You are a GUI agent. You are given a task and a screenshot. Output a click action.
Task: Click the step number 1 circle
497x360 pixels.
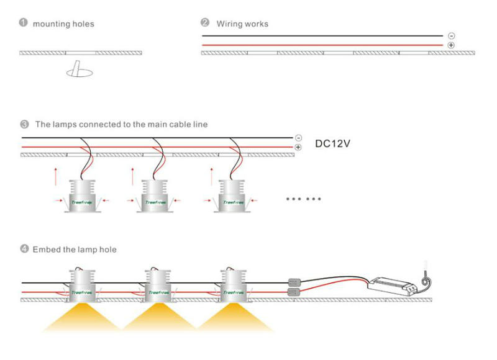[23, 23]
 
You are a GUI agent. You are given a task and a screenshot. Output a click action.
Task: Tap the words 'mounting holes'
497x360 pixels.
[63, 24]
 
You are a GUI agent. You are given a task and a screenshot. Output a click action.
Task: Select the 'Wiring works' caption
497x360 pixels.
[242, 24]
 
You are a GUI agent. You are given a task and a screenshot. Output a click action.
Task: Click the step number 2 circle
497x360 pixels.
[205, 23]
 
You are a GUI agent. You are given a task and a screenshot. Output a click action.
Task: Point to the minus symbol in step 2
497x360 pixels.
[451, 36]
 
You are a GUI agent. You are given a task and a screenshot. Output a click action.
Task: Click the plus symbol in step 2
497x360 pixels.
[451, 45]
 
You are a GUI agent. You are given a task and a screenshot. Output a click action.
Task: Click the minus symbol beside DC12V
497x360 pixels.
[298, 138]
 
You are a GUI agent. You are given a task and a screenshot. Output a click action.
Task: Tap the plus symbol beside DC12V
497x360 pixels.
[298, 147]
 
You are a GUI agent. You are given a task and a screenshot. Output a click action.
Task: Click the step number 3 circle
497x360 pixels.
[24, 124]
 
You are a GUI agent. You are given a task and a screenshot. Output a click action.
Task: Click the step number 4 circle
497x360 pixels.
[24, 249]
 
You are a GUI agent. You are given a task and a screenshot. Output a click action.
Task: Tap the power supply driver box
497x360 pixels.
[391, 285]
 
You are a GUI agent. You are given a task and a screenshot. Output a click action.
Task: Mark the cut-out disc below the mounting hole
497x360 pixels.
[79, 73]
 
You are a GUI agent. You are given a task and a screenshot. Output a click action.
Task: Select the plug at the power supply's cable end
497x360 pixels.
[425, 268]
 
